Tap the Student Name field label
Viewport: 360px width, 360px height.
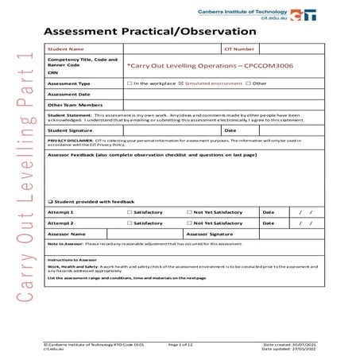pos(66,48)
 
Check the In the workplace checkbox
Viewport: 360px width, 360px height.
pos(130,83)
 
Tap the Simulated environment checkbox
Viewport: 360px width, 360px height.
pos(181,83)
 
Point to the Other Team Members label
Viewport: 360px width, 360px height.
pos(75,104)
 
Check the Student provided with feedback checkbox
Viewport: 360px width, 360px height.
pos(50,202)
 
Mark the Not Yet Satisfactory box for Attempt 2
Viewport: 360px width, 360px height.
pos(188,223)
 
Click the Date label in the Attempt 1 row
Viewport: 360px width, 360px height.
pos(268,212)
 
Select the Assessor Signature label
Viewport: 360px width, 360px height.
pos(210,234)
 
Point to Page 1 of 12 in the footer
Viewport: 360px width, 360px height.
pos(184,344)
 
